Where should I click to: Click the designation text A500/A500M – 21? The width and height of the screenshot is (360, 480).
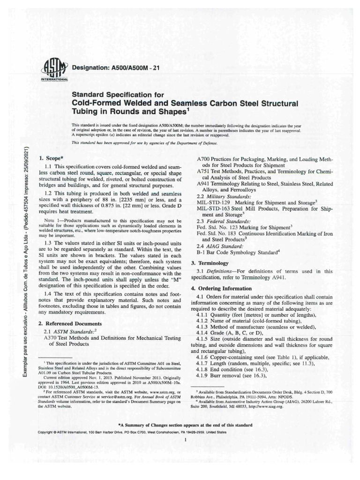click(x=116, y=68)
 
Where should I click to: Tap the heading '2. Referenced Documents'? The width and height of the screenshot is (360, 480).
click(x=69, y=323)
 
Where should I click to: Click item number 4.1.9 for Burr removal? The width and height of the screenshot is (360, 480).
click(x=205, y=376)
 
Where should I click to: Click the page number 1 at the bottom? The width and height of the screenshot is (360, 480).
click(x=186, y=440)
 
